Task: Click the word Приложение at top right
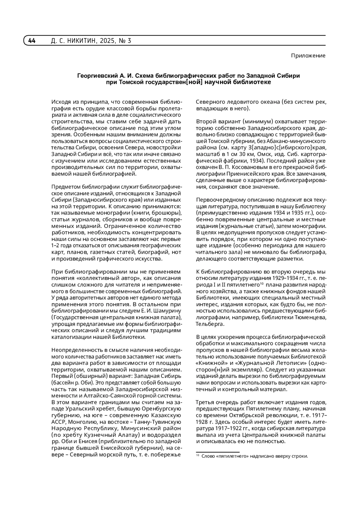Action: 308,56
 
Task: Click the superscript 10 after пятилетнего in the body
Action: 262,284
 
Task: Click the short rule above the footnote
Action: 217,452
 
